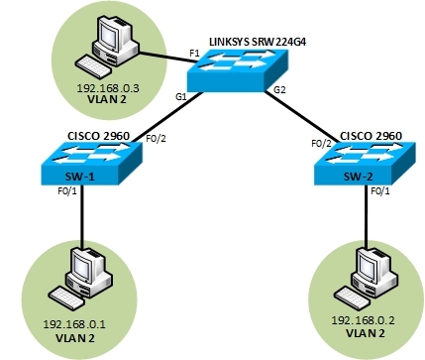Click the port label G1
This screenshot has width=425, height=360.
(181, 98)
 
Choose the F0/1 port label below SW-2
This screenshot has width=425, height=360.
(381, 191)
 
